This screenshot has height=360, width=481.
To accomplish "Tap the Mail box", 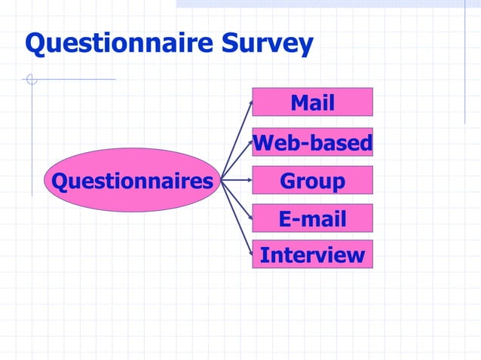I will tap(312, 102).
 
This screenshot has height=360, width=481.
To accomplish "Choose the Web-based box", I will tap(312, 142).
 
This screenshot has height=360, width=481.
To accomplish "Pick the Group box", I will tap(312, 181).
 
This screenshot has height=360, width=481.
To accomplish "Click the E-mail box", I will tap(312, 218).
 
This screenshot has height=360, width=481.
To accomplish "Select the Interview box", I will tap(312, 255).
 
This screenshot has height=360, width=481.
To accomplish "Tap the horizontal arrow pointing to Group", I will tap(237, 181).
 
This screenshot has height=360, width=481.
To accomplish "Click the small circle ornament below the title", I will tap(31, 78).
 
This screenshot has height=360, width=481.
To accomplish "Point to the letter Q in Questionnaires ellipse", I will tap(57, 181).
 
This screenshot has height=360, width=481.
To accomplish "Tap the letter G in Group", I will tap(288, 181).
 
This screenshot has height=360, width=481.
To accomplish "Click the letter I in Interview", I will tap(264, 255).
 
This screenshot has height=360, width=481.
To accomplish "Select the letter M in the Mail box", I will tap(299, 102).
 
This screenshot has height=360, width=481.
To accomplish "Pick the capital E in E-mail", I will tap(285, 218).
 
